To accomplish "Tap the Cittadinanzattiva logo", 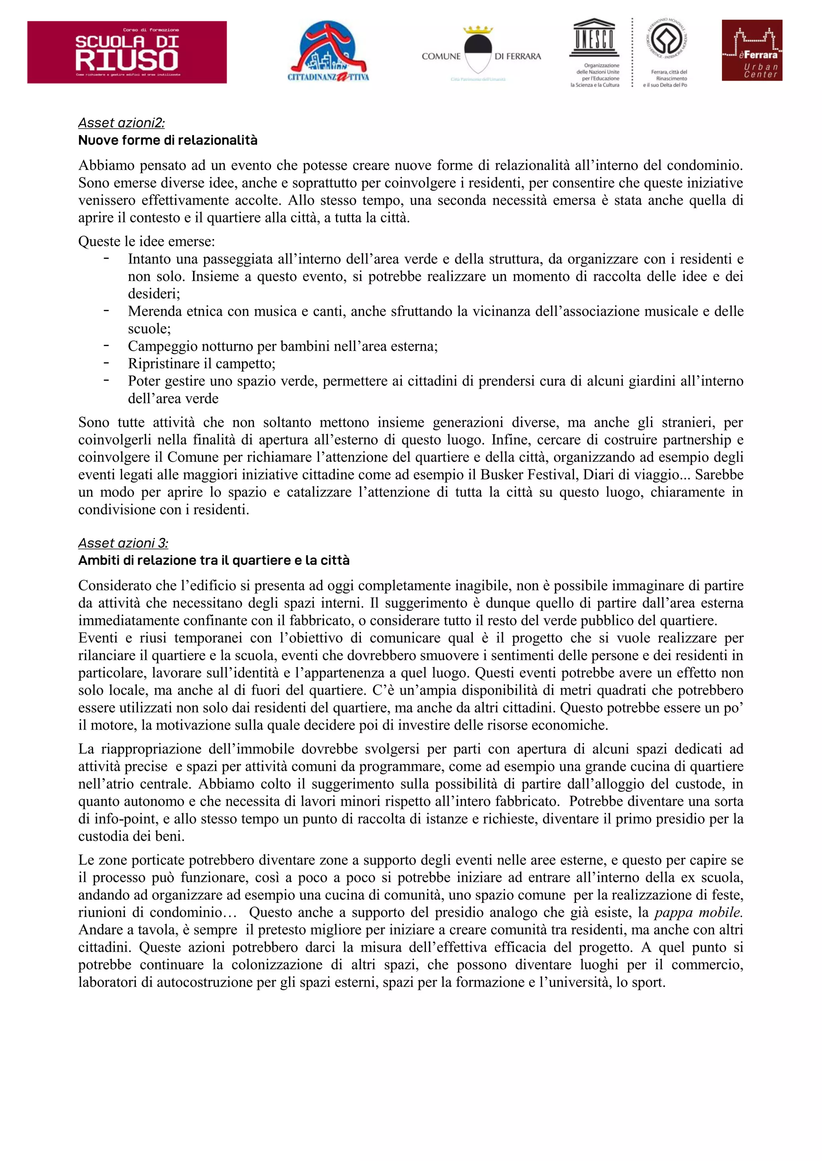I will click(328, 52).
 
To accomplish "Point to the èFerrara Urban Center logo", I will click(752, 50).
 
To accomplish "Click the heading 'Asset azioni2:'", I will click(122, 123).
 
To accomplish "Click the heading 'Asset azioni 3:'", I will click(123, 543).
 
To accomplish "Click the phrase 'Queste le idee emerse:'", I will click(146, 242).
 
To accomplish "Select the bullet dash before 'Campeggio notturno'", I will click(106, 345).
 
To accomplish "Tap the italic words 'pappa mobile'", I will click(698, 912).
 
